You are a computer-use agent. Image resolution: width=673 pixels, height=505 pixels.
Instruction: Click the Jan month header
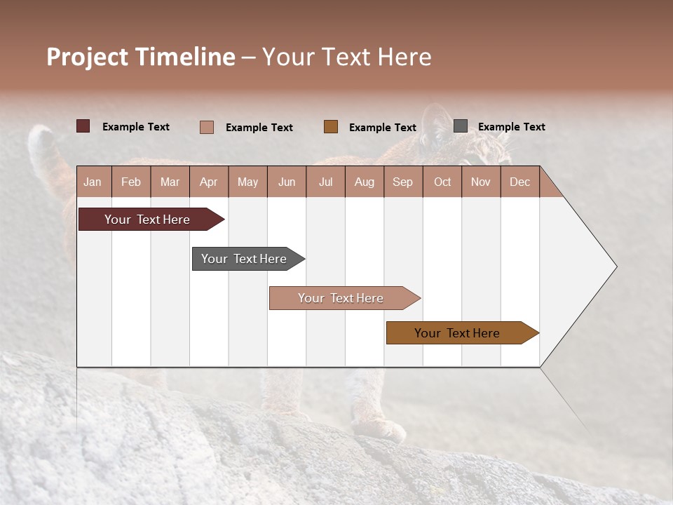click(x=93, y=182)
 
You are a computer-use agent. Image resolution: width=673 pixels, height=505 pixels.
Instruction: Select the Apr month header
click(x=208, y=182)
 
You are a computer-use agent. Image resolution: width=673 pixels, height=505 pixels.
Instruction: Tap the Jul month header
click(x=325, y=182)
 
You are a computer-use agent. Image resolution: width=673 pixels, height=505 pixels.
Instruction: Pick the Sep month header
click(x=402, y=182)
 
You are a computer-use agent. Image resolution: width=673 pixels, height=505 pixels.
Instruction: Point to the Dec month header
click(x=519, y=182)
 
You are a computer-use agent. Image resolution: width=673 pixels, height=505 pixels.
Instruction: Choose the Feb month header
click(x=131, y=182)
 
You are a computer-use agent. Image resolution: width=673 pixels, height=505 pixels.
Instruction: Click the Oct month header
click(x=442, y=182)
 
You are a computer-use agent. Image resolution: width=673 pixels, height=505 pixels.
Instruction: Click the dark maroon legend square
click(x=83, y=126)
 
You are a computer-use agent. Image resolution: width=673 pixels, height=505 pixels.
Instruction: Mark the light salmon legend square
click(x=207, y=127)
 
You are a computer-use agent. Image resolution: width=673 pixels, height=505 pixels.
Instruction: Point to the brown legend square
click(x=331, y=126)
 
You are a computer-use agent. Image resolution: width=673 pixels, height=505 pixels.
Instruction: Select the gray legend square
click(x=461, y=126)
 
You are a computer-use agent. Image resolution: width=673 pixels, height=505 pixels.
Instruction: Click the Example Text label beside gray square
click(x=511, y=127)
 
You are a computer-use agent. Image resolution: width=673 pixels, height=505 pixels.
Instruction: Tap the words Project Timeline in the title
click(x=141, y=57)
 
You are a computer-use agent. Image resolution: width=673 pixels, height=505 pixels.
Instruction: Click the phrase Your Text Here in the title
click(x=347, y=57)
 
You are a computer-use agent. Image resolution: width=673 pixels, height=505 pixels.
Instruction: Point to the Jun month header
click(x=287, y=182)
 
